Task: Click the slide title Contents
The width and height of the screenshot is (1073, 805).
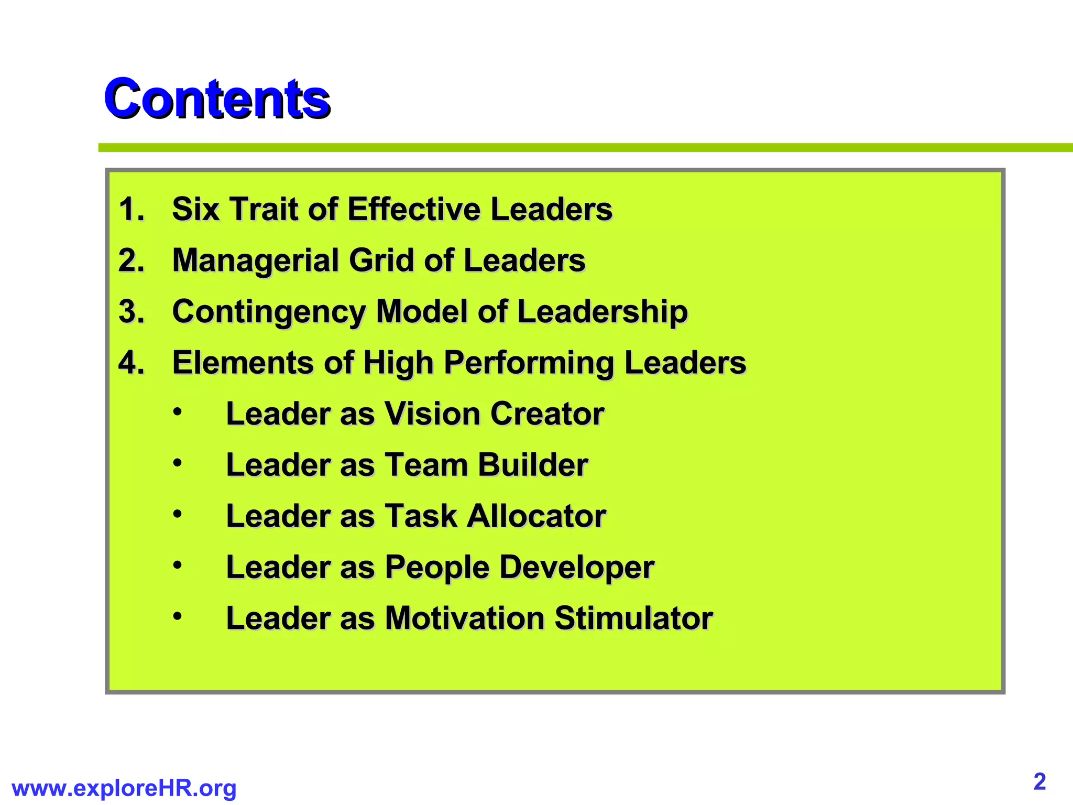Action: coord(217,98)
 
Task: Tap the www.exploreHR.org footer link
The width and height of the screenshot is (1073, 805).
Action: coord(124,788)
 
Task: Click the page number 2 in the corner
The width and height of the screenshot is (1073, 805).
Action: coord(1039,781)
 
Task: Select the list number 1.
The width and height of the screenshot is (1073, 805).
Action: coord(131,209)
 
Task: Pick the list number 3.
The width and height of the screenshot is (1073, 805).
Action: coord(131,311)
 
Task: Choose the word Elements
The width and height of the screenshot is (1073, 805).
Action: coord(243,363)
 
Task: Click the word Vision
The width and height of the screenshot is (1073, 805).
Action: coord(432,414)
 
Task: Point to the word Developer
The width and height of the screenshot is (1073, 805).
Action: coord(577,568)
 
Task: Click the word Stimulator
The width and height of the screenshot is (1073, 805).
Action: coord(633,618)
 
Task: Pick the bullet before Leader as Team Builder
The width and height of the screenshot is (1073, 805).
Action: coord(178,463)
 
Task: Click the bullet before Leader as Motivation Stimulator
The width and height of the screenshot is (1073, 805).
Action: coord(178,616)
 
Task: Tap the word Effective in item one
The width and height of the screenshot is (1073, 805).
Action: coord(414,209)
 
